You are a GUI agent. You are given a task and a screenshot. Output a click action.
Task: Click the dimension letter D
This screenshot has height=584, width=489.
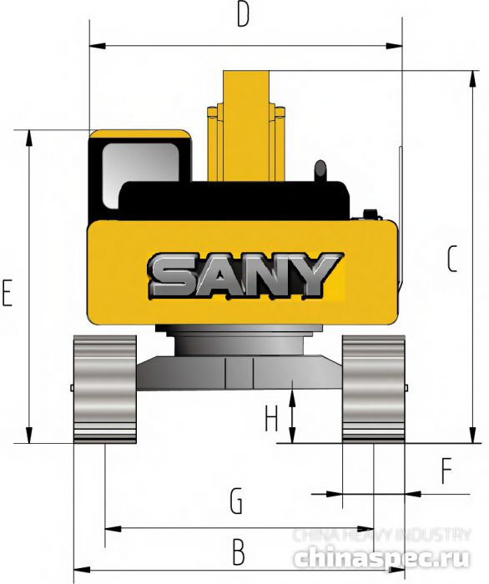243,15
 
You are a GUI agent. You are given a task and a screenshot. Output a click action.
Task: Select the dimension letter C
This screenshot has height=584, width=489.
452,260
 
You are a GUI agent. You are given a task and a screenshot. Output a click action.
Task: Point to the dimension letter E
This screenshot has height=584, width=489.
8,294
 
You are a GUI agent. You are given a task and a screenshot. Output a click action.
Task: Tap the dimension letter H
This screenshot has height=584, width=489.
270,418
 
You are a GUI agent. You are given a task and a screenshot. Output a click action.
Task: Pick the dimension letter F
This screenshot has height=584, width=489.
447,472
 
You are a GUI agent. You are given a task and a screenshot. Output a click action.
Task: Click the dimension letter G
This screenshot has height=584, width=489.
236,501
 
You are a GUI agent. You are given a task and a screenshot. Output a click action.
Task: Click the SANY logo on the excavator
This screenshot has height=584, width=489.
245,274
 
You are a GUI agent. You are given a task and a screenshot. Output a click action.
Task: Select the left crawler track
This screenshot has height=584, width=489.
104,388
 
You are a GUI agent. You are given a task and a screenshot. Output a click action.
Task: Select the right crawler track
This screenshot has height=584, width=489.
373,388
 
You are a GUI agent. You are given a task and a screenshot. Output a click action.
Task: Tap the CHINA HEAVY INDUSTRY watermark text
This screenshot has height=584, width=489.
381,535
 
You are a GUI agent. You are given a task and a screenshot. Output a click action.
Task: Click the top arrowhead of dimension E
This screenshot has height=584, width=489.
29,135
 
